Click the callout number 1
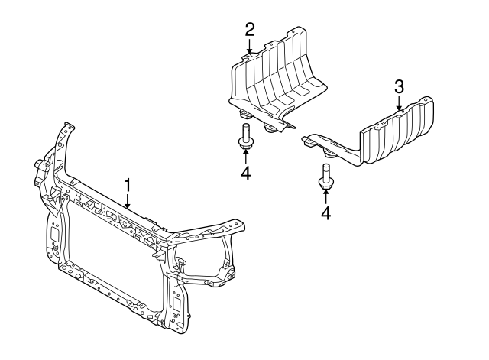(128, 184)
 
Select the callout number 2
(249, 30)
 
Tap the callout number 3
(398, 86)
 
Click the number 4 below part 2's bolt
(245, 174)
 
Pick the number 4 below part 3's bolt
(325, 213)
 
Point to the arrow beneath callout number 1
(128, 202)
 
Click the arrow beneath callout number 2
(249, 47)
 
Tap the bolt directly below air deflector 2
(245, 138)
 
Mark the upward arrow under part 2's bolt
(245, 157)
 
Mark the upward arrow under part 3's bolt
(325, 197)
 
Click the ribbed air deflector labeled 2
(283, 76)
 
